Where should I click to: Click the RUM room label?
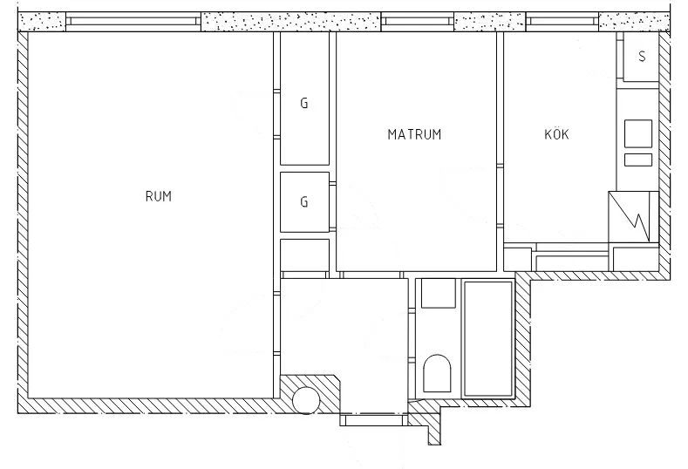tap(158, 196)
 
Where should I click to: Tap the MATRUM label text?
tap(414, 134)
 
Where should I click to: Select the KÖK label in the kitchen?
tap(556, 134)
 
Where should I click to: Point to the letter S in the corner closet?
tap(643, 58)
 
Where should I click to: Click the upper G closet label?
tap(304, 103)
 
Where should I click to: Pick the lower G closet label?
tap(304, 201)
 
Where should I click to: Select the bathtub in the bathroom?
tap(488, 338)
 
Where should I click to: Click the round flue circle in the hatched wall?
tap(306, 399)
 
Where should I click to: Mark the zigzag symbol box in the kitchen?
tap(630, 216)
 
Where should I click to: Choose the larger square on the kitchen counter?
tap(637, 132)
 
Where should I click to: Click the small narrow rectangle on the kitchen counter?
tap(637, 160)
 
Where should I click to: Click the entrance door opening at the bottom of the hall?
tap(371, 420)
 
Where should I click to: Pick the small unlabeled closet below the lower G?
tap(304, 255)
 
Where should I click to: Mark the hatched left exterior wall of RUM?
tap(24, 218)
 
